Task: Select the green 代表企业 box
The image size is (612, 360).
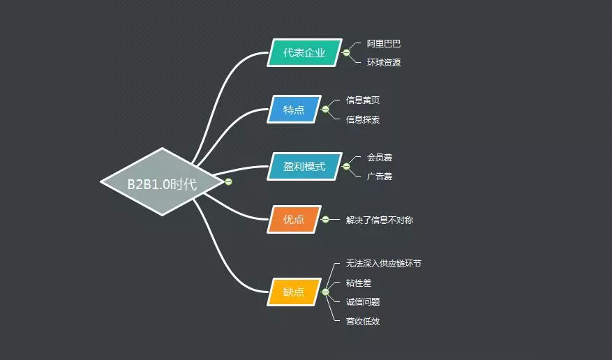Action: click(x=304, y=53)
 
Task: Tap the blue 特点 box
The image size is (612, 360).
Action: click(x=294, y=110)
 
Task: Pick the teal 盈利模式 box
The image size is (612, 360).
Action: click(x=304, y=167)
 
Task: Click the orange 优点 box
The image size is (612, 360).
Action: click(x=294, y=219)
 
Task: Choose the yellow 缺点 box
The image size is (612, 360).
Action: click(x=294, y=292)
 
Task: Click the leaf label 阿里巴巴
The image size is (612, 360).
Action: click(x=384, y=43)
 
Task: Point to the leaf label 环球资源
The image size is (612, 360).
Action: click(x=384, y=62)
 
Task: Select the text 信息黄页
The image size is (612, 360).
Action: click(x=363, y=100)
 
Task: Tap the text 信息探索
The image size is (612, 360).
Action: click(x=363, y=119)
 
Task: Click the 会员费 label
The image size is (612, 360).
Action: click(x=380, y=158)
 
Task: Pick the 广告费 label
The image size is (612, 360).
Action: click(x=380, y=177)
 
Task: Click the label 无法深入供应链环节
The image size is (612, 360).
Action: click(x=383, y=264)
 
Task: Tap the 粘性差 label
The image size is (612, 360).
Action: click(x=359, y=283)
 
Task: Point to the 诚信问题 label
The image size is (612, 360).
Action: click(x=363, y=301)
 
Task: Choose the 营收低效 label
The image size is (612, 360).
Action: click(x=363, y=321)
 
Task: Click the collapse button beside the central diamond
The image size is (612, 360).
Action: click(x=228, y=182)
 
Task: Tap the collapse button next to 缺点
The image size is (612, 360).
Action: click(x=325, y=292)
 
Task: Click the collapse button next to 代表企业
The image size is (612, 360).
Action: click(x=346, y=53)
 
